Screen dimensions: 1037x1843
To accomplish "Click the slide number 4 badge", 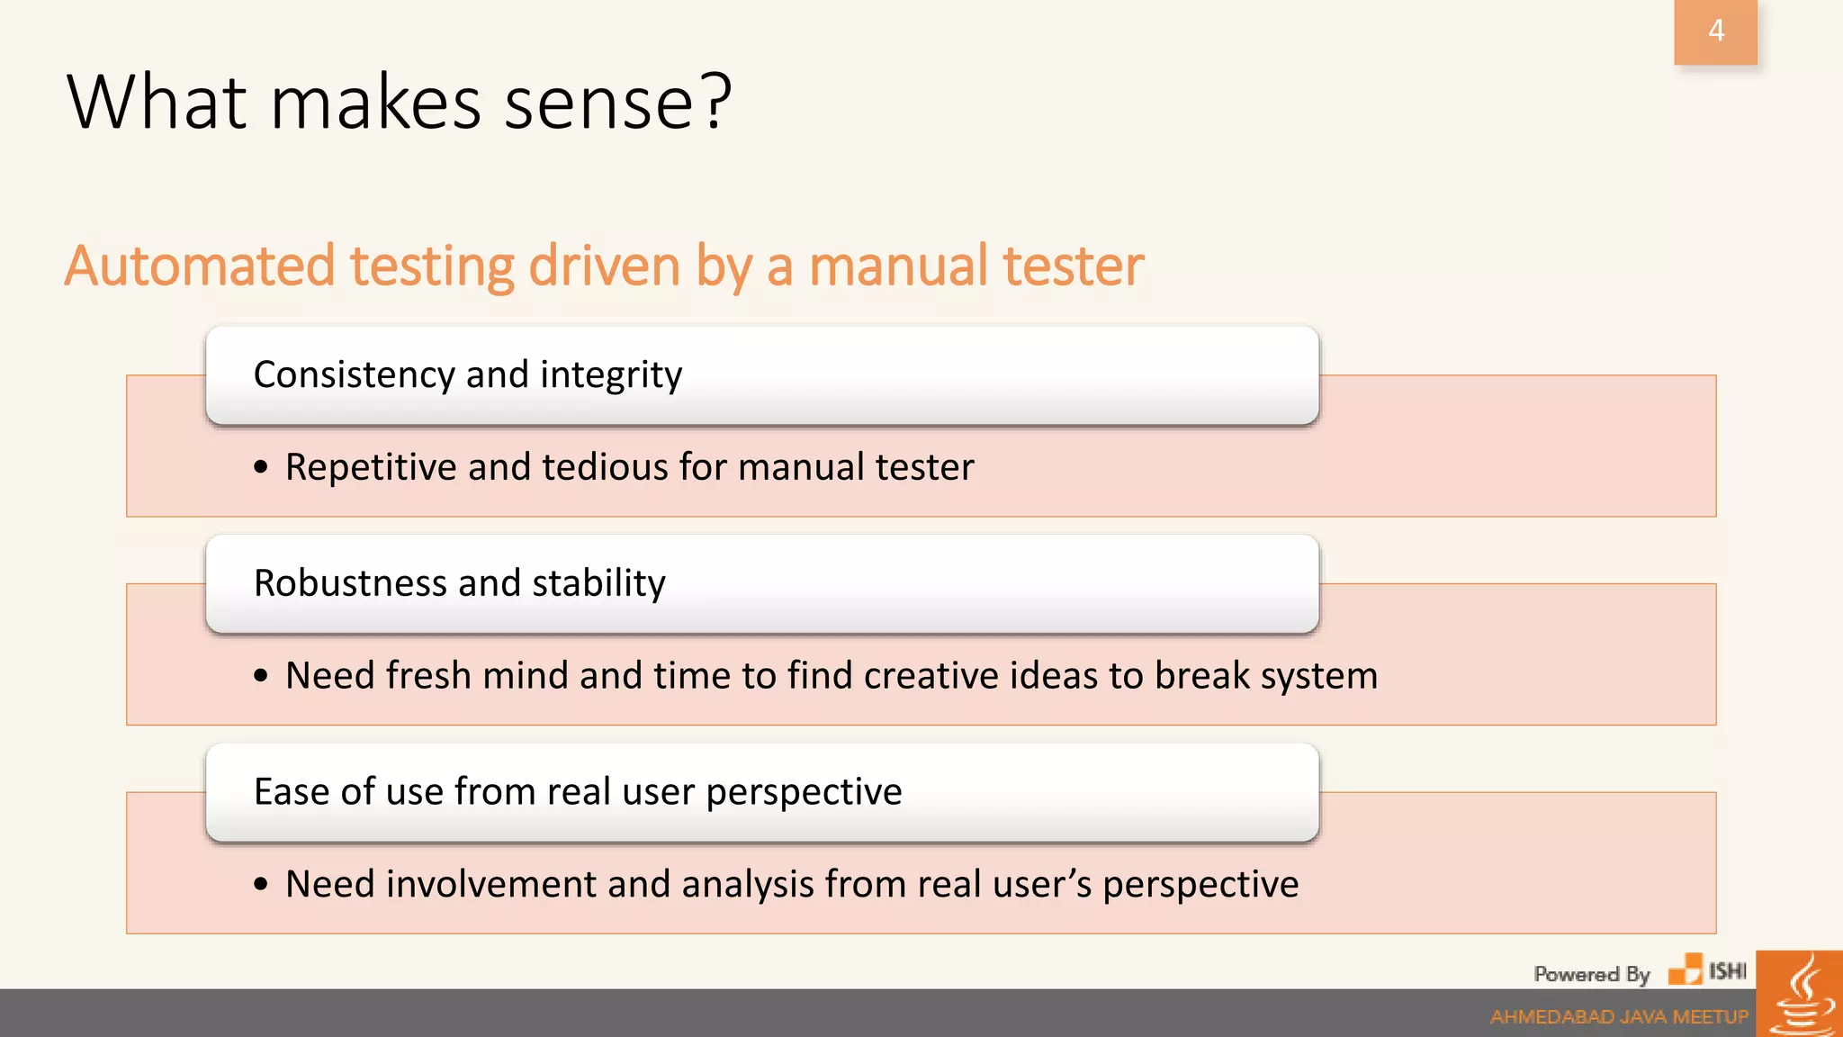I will click(x=1715, y=32).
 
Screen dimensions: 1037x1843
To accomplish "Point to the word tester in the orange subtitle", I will click(x=1073, y=266).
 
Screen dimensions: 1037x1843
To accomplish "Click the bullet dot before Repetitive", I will click(x=261, y=467).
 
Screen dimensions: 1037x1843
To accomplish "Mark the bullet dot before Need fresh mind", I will click(x=261, y=676).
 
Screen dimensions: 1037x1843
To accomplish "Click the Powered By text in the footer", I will click(x=1591, y=974).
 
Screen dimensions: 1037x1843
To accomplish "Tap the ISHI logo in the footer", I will click(x=1707, y=970).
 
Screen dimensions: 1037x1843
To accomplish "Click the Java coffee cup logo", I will click(x=1800, y=996).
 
